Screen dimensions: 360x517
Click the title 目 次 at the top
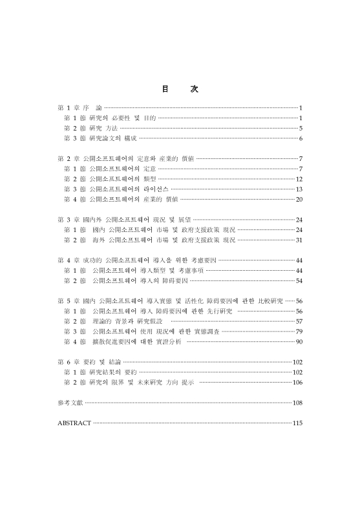pyautogui.click(x=180, y=89)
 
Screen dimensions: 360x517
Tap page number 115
pyautogui.click(x=298, y=423)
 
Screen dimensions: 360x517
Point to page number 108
pyautogui.click(x=298, y=403)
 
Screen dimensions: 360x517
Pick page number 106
pyautogui.click(x=298, y=383)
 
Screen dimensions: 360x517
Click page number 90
pyautogui.click(x=299, y=341)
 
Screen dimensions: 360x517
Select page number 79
pyautogui.click(x=299, y=332)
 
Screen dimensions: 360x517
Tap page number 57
pyautogui.click(x=299, y=321)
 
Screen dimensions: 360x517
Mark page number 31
pyautogui.click(x=299, y=240)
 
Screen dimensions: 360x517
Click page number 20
pyautogui.click(x=299, y=199)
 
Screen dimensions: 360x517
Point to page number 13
pyautogui.click(x=299, y=189)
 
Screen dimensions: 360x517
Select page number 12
pyautogui.click(x=299, y=178)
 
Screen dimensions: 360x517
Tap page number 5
pyautogui.click(x=301, y=128)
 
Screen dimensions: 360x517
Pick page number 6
pyautogui.click(x=301, y=138)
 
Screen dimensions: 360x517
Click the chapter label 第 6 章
pyautogui.click(x=68, y=362)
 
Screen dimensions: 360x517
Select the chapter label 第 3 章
pyautogui.click(x=68, y=220)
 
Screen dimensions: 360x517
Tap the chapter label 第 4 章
pyautogui.click(x=68, y=260)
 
